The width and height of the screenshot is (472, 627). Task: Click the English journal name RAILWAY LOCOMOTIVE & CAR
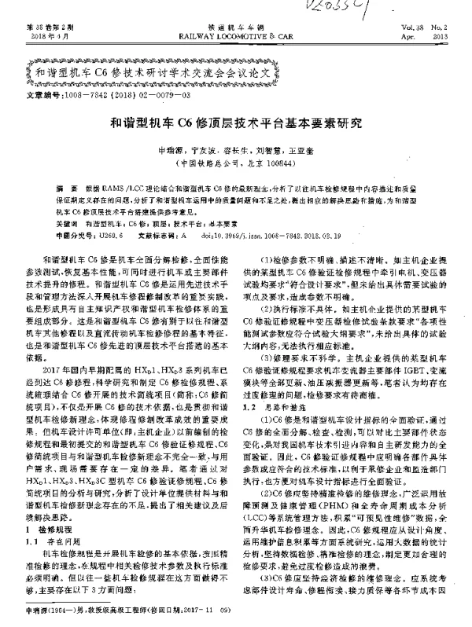pyautogui.click(x=236, y=35)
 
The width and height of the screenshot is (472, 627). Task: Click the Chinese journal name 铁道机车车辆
pyautogui.click(x=235, y=27)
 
